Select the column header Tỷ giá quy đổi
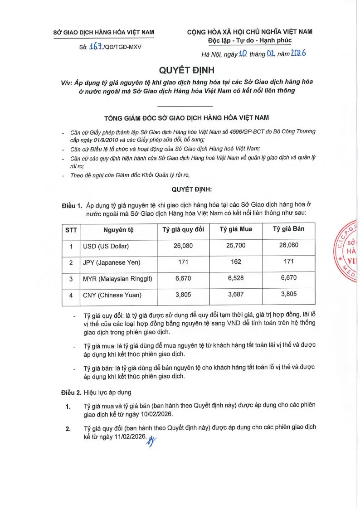(183, 229)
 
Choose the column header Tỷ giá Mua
(236, 229)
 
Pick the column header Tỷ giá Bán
(288, 229)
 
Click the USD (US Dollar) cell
(106, 247)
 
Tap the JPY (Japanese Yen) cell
(112, 262)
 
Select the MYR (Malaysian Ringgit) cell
(117, 279)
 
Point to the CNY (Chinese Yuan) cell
(112, 295)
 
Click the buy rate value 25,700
(236, 245)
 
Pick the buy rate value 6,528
(236, 278)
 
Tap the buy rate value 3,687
(236, 294)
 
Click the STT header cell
(71, 230)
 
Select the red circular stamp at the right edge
(348, 252)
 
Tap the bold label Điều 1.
(72, 205)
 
